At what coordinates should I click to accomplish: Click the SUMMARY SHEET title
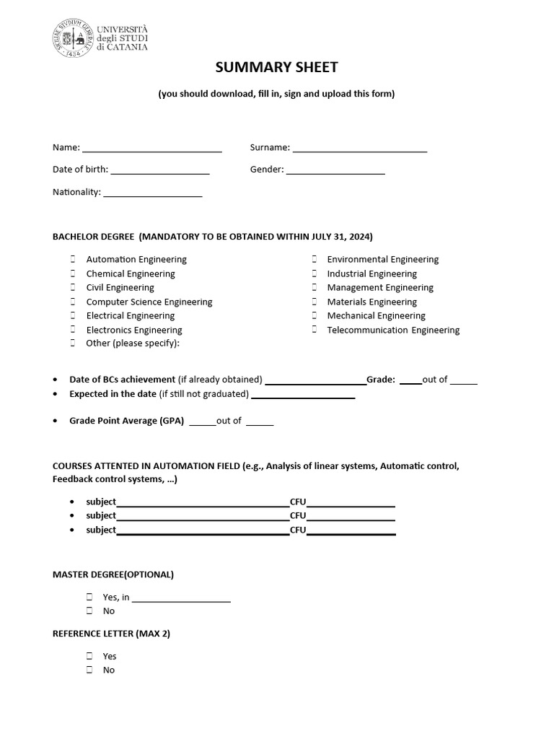[x=277, y=68]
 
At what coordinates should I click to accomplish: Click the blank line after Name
[x=151, y=148]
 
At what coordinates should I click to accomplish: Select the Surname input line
[x=359, y=148]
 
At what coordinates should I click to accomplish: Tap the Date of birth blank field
[x=159, y=170]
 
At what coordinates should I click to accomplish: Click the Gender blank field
[x=335, y=170]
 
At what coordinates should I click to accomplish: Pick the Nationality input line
[x=153, y=193]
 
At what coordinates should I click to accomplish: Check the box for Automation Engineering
[x=73, y=259]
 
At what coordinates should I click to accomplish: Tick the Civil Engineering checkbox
[x=73, y=287]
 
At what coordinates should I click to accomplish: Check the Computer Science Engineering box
[x=73, y=302]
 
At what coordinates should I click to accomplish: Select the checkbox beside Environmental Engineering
[x=315, y=259]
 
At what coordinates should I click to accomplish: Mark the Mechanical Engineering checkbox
[x=315, y=315]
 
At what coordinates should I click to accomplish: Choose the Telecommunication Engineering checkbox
[x=315, y=330]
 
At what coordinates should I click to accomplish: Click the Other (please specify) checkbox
[x=73, y=344]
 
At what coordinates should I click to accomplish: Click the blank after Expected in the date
[x=303, y=395]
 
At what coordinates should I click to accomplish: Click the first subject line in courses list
[x=203, y=502]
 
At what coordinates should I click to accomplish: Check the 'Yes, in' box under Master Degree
[x=89, y=597]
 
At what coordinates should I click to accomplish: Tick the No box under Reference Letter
[x=89, y=670]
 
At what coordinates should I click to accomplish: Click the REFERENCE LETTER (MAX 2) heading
[x=111, y=634]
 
